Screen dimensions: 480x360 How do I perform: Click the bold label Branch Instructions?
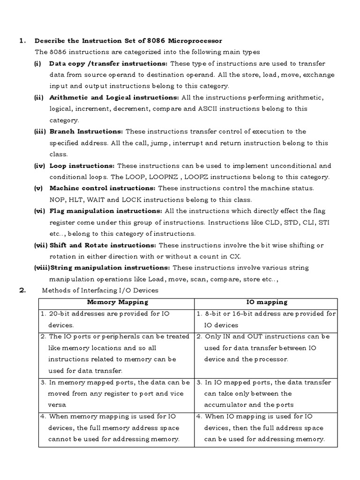click(x=86, y=131)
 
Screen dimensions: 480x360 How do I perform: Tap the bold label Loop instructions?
click(x=82, y=165)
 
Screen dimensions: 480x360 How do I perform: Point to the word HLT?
click(x=75, y=199)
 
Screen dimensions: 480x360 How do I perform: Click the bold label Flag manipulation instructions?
click(x=106, y=211)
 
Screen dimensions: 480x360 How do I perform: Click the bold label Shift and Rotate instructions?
click(x=103, y=245)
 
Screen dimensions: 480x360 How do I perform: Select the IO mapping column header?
click(x=267, y=302)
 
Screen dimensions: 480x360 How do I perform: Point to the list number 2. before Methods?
click(x=22, y=290)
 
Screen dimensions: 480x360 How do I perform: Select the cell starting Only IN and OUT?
click(x=266, y=347)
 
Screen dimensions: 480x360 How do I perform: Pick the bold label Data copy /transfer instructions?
click(x=108, y=63)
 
